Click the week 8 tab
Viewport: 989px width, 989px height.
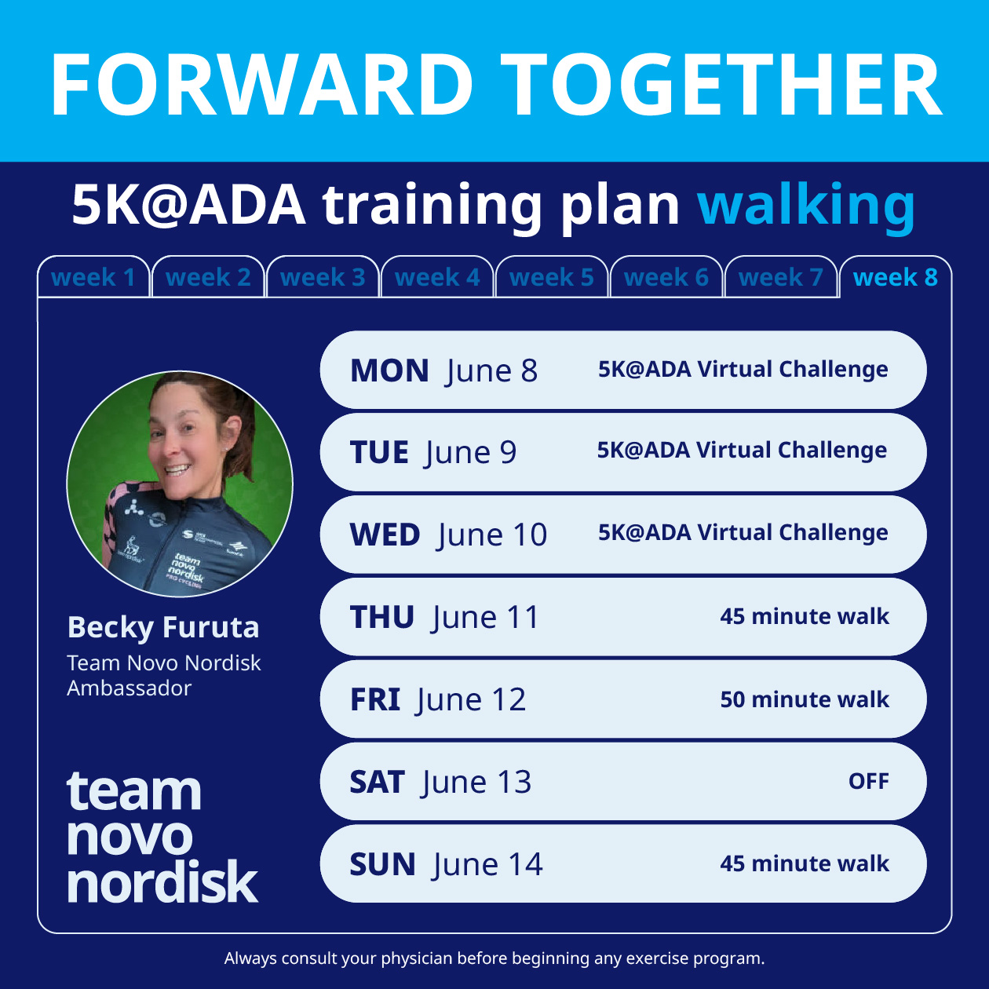pyautogui.click(x=895, y=277)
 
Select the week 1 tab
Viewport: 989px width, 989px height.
pyautogui.click(x=93, y=277)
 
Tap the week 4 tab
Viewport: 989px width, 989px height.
pyautogui.click(x=437, y=277)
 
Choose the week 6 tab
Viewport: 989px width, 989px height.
pyautogui.click(x=666, y=277)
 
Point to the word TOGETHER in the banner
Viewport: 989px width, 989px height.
pyautogui.click(x=721, y=85)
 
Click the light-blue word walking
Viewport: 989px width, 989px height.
pyautogui.click(x=806, y=205)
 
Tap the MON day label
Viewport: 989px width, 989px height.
pyautogui.click(x=389, y=370)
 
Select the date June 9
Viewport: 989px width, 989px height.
pyautogui.click(x=471, y=453)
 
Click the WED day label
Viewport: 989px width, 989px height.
pyautogui.click(x=385, y=535)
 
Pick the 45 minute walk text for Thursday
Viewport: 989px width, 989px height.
pyautogui.click(x=805, y=617)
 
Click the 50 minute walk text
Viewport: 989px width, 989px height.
pyautogui.click(x=805, y=699)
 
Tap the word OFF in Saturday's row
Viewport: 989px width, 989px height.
pyautogui.click(x=868, y=782)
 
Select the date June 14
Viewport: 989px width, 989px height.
pyautogui.click(x=487, y=865)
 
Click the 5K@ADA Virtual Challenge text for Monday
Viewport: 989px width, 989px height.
pyautogui.click(x=743, y=370)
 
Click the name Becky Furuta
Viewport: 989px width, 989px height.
pyautogui.click(x=163, y=628)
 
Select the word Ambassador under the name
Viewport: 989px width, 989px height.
pyautogui.click(x=130, y=688)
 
